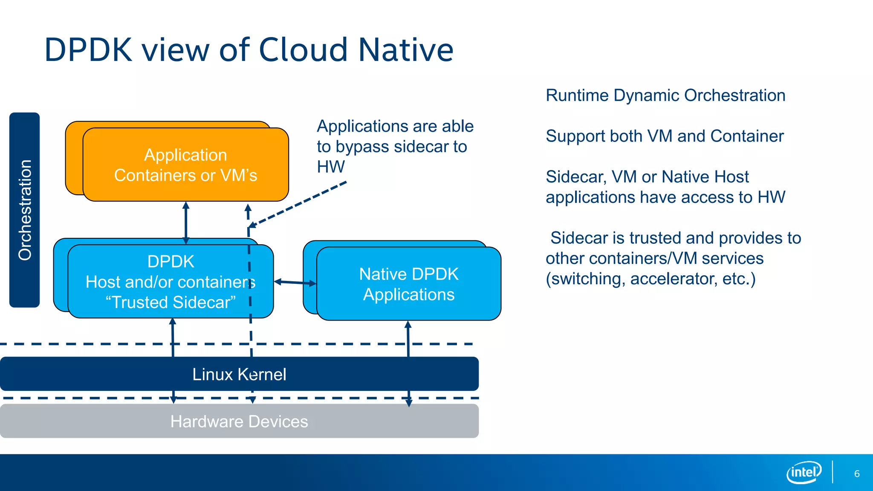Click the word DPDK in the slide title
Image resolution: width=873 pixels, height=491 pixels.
coord(88,50)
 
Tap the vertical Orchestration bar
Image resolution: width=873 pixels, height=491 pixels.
coord(25,210)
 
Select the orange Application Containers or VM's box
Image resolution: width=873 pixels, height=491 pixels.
coord(186,165)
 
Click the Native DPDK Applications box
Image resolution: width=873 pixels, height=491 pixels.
coord(408,284)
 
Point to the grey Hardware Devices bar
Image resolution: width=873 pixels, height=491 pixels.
coord(239,421)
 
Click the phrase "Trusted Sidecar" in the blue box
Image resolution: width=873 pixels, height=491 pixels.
coord(171,302)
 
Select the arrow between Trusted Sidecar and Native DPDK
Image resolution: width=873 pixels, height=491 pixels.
coord(295,282)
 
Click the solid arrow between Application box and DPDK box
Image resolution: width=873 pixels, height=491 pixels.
coord(186,222)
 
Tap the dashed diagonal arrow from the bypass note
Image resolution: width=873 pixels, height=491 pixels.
coord(298,203)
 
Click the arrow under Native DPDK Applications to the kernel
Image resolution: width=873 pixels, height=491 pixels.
coord(408,339)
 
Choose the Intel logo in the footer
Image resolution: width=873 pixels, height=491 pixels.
coord(804,472)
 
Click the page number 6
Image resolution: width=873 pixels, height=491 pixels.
coord(857,474)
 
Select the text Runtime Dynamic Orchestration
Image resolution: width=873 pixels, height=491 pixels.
coord(665,95)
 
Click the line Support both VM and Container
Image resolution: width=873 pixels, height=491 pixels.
coord(664,136)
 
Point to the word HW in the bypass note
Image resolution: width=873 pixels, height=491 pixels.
coord(330,167)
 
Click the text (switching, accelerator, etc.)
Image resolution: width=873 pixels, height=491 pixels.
coord(650,279)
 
